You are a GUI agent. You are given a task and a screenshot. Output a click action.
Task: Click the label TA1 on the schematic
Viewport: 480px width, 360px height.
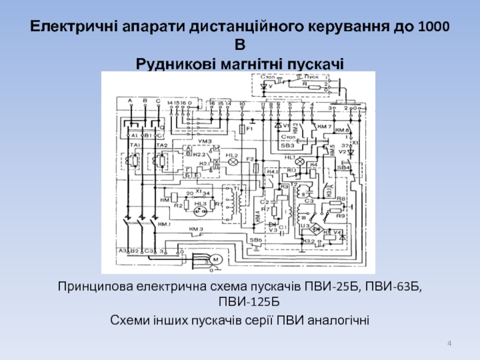[133, 145]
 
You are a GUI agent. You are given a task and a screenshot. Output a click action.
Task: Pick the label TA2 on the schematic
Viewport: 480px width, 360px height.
[160, 145]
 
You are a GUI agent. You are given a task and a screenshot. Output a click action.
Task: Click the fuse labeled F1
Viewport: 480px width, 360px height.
[242, 129]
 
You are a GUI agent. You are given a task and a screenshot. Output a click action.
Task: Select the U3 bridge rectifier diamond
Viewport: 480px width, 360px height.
[313, 231]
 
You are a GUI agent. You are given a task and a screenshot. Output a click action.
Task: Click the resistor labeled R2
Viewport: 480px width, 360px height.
[178, 206]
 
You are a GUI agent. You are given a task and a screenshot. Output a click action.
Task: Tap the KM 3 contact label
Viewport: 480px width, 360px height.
[197, 229]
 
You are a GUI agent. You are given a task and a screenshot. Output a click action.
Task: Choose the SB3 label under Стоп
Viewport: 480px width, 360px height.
[287, 145]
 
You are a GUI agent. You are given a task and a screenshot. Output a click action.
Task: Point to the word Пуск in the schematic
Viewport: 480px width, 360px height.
[313, 78]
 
